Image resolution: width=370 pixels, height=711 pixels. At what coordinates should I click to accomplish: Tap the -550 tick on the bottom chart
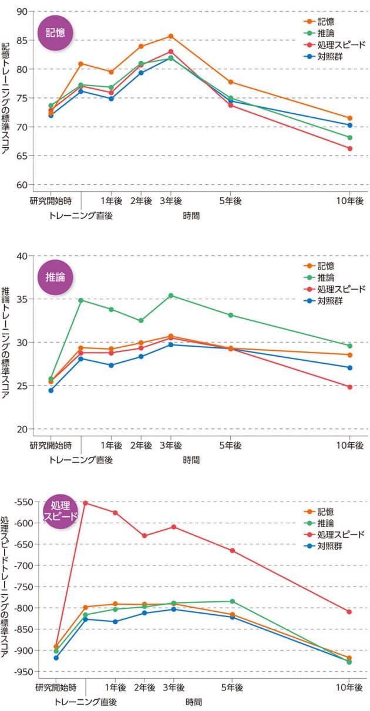pos(20,502)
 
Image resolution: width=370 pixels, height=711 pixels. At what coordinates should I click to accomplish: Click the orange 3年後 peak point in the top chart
pos(170,36)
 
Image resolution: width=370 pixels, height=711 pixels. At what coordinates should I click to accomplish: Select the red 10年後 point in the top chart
pos(349,148)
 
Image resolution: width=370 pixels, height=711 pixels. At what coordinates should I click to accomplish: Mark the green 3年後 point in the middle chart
pos(170,296)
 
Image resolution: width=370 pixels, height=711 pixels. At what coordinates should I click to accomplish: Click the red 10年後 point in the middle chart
pos(349,387)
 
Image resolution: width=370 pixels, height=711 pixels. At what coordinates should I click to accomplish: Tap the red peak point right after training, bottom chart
pos(86,503)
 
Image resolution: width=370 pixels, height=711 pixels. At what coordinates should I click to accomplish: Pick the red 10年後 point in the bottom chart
pos(349,612)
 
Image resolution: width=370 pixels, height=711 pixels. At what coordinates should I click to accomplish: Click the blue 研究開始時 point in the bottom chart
pos(56,658)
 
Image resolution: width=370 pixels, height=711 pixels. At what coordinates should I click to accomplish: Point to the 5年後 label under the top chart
pos(230,201)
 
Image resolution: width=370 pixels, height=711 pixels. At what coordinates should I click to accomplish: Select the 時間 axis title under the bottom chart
pos(194,702)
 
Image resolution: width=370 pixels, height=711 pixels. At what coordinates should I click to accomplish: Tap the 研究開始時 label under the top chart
pos(51,201)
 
